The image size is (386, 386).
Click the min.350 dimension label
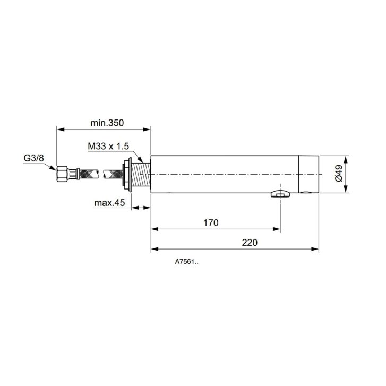click(x=107, y=123)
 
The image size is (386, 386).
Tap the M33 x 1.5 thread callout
click(x=108, y=146)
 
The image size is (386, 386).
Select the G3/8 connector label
click(x=34, y=158)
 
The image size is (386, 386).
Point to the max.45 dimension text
click(x=109, y=203)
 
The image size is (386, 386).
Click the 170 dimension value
click(x=211, y=223)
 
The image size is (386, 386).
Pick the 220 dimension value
click(x=250, y=243)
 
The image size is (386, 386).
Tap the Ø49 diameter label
click(x=339, y=173)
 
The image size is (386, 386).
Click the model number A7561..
click(x=186, y=262)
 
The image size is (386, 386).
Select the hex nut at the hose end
click(x=62, y=174)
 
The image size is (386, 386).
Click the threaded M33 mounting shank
click(x=141, y=175)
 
